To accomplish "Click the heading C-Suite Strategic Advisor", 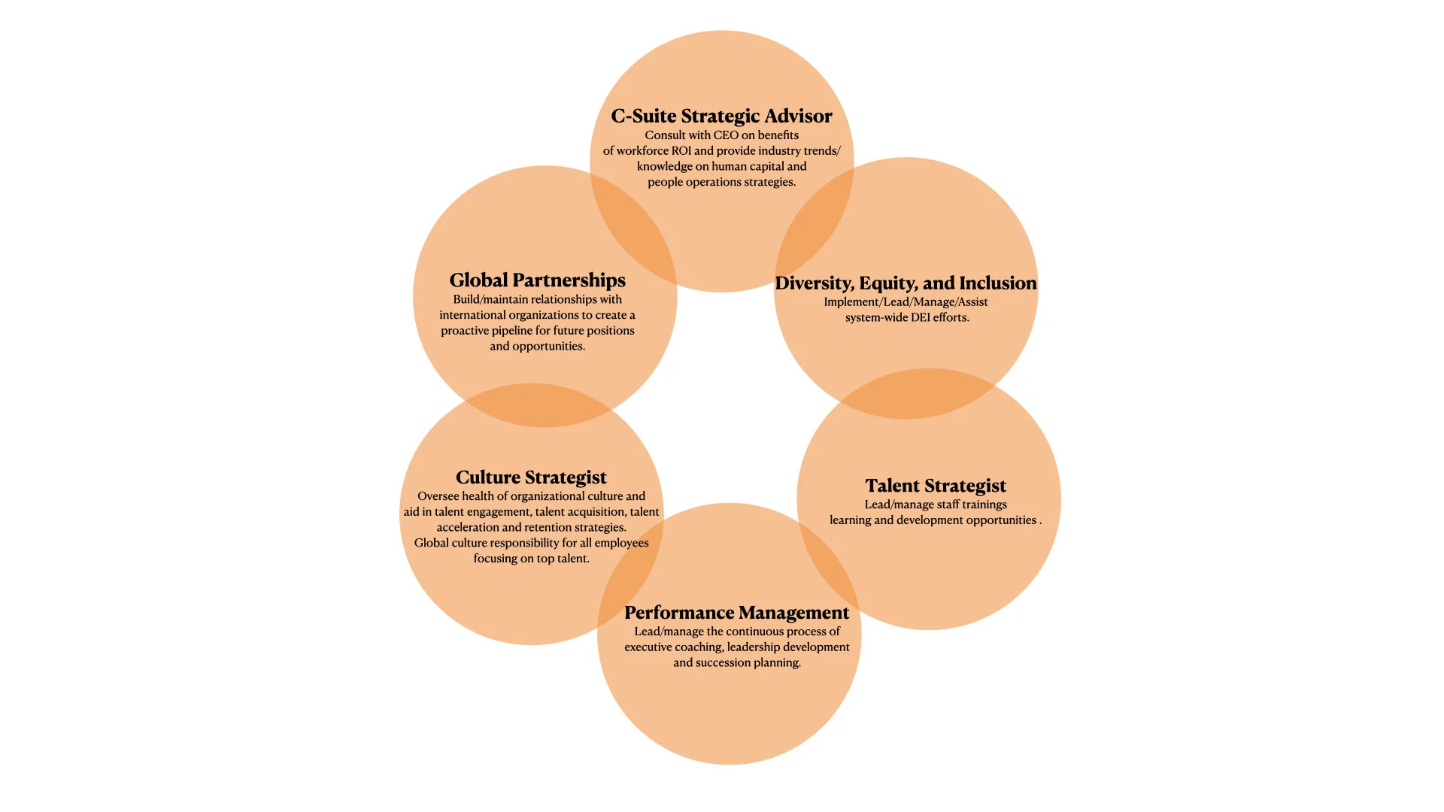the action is coord(721,116).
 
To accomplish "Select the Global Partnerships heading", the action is coord(537,280).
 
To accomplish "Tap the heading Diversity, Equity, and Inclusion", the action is coord(906,283).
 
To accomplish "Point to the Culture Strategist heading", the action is coord(531,477).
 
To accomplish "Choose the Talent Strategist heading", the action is coord(936,486).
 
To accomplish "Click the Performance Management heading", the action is coord(736,613).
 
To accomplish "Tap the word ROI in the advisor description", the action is coord(681,151).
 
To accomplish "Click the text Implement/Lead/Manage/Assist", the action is coord(906,302).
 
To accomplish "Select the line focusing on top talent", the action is coord(531,559).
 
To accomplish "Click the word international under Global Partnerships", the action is coord(476,315).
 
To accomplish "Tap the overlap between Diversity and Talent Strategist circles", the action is coord(918,393).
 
